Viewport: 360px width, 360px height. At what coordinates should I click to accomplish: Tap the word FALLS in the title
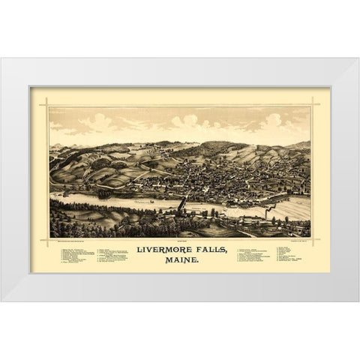[212, 250]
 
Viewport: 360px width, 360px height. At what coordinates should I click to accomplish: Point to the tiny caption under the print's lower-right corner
[296, 241]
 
